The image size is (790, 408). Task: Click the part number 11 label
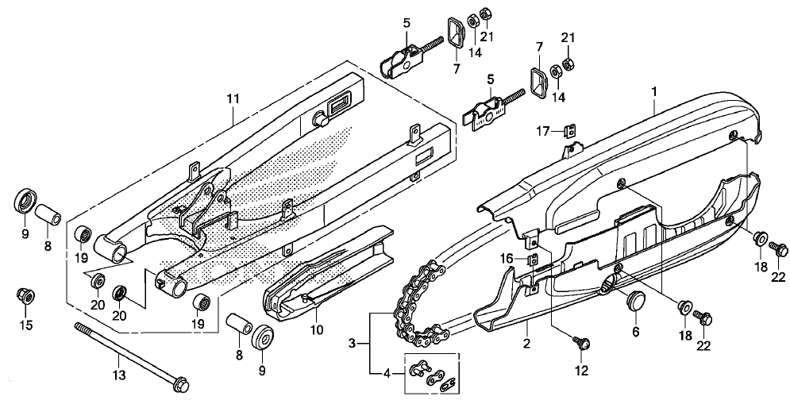[x=233, y=99]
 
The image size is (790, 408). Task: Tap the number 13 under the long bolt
[x=119, y=375]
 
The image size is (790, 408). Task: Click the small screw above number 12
[x=582, y=344]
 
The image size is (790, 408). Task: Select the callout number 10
[x=317, y=330]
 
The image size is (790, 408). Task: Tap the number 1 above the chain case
[x=654, y=91]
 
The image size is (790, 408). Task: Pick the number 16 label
[x=507, y=260]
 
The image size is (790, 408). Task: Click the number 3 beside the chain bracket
[x=353, y=344]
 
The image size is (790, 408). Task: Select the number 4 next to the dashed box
[x=387, y=374]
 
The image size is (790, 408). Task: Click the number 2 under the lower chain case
[x=526, y=344]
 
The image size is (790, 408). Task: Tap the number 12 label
[x=581, y=371]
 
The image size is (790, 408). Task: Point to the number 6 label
[x=635, y=332]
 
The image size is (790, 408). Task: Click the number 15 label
[x=25, y=325]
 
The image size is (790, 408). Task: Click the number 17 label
[x=542, y=132]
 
